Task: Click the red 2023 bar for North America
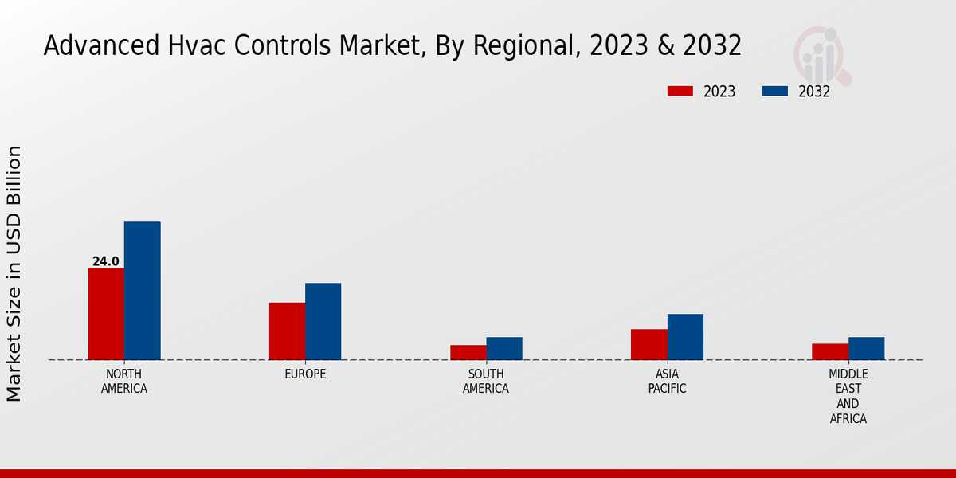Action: click(x=106, y=314)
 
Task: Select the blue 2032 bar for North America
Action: click(x=143, y=291)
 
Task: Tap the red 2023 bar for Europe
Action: click(x=287, y=331)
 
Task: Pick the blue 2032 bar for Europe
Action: click(x=323, y=322)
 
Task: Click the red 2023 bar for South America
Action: click(x=468, y=352)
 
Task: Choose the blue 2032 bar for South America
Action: click(x=504, y=348)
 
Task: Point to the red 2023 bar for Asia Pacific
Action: click(x=648, y=344)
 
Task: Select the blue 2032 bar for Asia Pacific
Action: click(x=685, y=337)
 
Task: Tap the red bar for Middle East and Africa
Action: click(x=830, y=351)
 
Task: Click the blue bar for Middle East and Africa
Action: click(x=867, y=348)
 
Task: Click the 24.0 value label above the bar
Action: click(x=106, y=261)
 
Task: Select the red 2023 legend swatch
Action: click(x=680, y=92)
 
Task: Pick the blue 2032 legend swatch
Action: click(x=775, y=92)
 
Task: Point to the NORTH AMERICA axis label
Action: click(x=124, y=382)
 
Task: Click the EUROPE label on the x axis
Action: click(x=305, y=374)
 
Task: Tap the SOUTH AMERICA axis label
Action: click(x=486, y=382)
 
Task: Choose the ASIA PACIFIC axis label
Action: click(x=667, y=382)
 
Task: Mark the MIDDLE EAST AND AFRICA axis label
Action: click(x=848, y=397)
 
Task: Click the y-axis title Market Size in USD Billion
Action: click(x=14, y=273)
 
